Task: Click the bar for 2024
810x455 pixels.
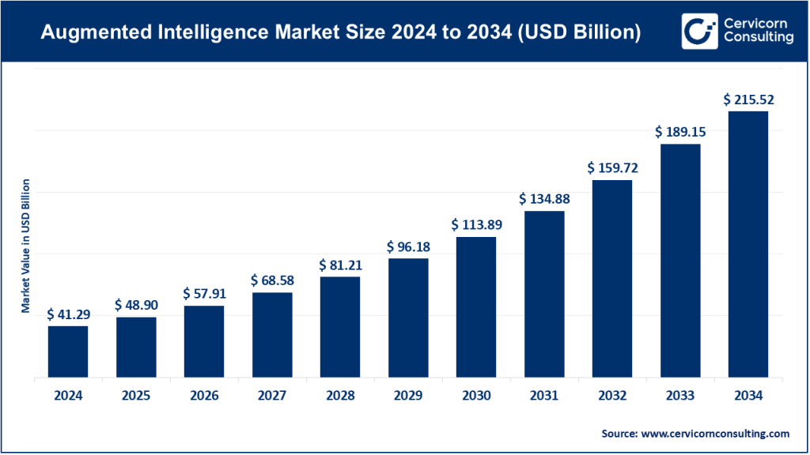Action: [x=68, y=352]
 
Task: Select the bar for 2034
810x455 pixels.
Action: [x=748, y=245]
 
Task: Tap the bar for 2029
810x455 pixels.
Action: [x=408, y=318]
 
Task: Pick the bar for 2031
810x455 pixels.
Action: [x=544, y=295]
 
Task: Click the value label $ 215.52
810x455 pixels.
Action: [x=748, y=100]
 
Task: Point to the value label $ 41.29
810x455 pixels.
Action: [x=68, y=314]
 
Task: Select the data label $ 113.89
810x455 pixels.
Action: [x=476, y=225]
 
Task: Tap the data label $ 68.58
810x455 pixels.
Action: [x=272, y=280]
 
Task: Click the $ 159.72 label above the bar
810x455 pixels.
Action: [x=612, y=168]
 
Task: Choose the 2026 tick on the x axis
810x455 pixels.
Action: [x=204, y=395]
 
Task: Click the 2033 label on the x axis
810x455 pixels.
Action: [x=680, y=395]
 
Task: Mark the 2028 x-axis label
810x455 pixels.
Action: [x=340, y=395]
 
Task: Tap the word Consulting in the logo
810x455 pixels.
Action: [x=758, y=39]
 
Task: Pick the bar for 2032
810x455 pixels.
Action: [x=612, y=279]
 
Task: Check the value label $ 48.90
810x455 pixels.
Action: [x=136, y=305]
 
